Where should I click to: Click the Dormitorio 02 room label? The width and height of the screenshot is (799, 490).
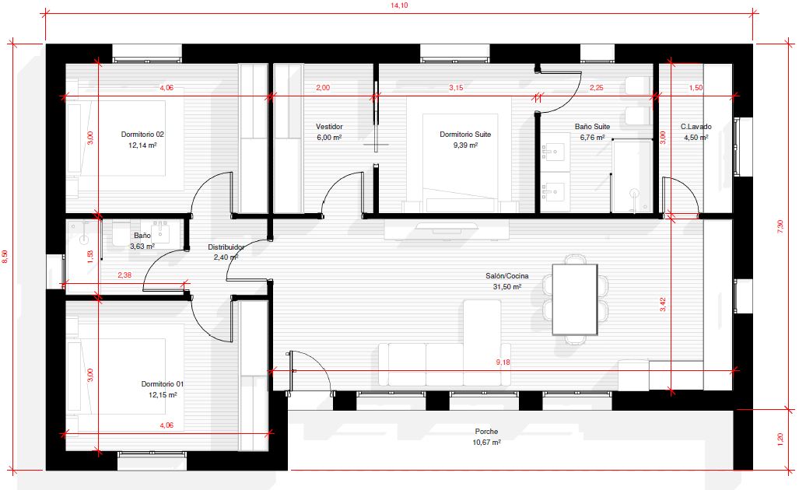point(142,135)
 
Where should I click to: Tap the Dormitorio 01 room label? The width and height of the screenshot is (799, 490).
point(162,384)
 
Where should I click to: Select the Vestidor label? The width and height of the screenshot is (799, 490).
point(329,126)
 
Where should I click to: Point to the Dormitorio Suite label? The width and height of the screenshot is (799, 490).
point(465,135)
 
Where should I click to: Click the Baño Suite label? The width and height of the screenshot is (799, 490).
point(592,126)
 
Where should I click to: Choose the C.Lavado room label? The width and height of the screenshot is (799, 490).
point(696,126)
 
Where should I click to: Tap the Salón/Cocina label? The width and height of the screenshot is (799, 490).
point(507,276)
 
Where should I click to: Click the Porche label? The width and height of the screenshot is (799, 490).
point(487,432)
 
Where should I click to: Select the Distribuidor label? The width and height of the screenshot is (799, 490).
point(226,247)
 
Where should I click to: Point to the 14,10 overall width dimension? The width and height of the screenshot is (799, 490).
point(399,5)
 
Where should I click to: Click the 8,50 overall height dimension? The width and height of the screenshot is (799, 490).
point(5,257)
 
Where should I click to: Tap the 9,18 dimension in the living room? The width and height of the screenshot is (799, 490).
point(503,362)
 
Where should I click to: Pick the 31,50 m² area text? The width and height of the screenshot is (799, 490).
point(507,287)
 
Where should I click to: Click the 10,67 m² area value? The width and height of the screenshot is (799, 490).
point(487,442)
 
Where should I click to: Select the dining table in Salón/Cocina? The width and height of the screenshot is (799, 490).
point(575,299)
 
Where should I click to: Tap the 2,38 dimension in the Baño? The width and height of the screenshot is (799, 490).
point(124,275)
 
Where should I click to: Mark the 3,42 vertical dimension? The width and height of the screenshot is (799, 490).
point(662,305)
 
